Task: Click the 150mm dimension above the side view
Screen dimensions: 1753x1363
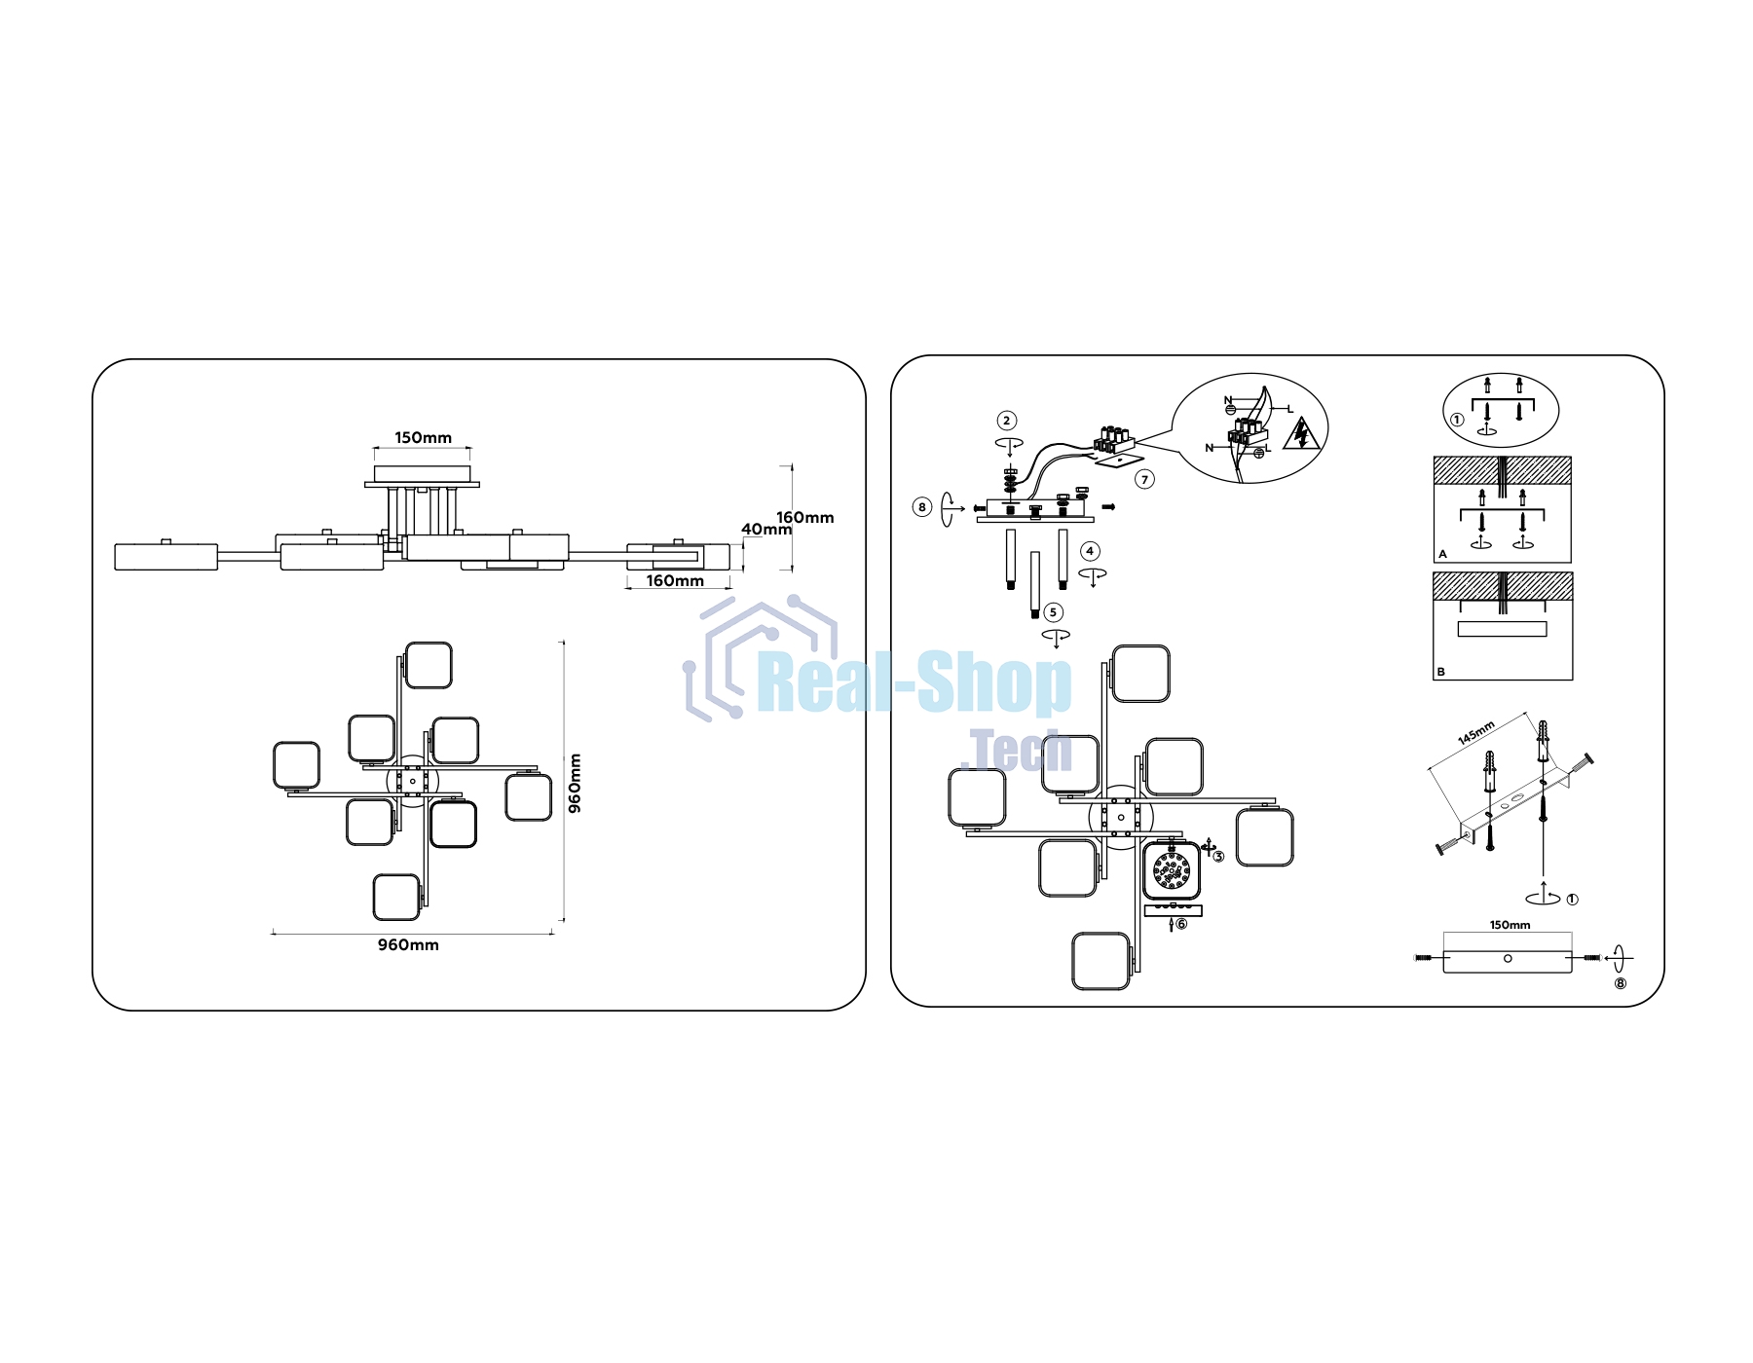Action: tap(423, 438)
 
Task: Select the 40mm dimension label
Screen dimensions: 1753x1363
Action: tap(766, 530)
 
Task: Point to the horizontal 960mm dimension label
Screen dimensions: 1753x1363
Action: tap(408, 945)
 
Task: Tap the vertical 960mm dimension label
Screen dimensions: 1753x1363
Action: tap(575, 783)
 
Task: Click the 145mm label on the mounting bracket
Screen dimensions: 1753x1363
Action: tap(1476, 733)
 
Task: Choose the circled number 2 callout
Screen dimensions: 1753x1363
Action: tap(1007, 421)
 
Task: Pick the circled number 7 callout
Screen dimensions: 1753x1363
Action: tap(1145, 479)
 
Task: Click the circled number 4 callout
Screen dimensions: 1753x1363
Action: tap(1090, 551)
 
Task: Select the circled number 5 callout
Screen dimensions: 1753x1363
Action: tap(1053, 612)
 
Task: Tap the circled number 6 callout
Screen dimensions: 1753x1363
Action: tap(1181, 924)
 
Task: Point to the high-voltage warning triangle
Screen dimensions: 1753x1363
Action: tap(1301, 434)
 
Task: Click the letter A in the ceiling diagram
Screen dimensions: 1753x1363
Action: tap(1443, 555)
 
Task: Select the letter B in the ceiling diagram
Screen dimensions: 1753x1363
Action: tap(1441, 672)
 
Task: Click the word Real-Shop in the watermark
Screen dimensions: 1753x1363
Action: tap(914, 683)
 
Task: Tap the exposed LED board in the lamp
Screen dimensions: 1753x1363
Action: tap(1172, 870)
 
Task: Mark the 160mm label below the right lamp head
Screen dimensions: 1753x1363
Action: tap(675, 581)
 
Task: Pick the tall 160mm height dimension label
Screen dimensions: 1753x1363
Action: tap(805, 518)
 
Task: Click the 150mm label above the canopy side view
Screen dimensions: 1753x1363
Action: tap(1510, 925)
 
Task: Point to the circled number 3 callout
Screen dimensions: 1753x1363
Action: tap(1218, 857)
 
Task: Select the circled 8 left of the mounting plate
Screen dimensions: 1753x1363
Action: tap(922, 506)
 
